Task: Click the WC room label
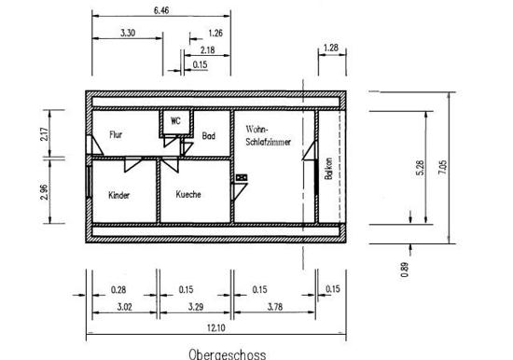pos(175,120)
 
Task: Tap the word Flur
pos(116,134)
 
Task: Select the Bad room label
pos(208,135)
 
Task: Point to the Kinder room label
pos(119,195)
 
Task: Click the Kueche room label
pos(188,194)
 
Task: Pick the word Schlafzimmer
pos(269,142)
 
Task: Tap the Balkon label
pos(329,169)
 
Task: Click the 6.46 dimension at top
pos(161,10)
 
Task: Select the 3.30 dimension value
pos(128,33)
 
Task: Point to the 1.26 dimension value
pos(215,33)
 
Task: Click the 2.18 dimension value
pos(207,50)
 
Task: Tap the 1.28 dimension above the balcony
pos(331,48)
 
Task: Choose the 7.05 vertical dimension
pos(442,167)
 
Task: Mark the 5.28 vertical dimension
pos(420,168)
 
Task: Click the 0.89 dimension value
pos(405,270)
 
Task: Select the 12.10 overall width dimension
pos(216,327)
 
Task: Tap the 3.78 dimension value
pos(275,307)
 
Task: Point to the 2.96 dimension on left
pos(45,192)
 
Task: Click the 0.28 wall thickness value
pos(118,290)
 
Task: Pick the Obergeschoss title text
pos(228,354)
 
